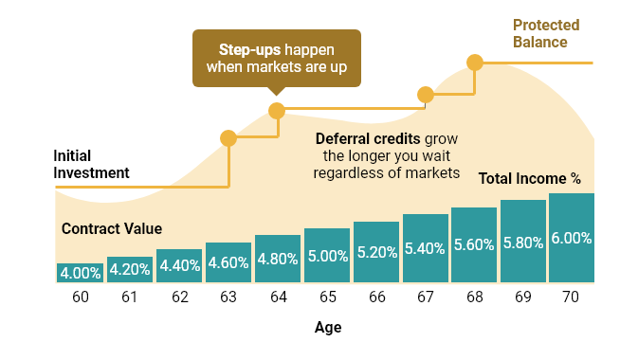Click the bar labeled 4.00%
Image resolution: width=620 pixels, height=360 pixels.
[x=80, y=273]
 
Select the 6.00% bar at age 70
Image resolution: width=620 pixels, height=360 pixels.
[x=571, y=238]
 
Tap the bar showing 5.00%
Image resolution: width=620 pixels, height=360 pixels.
[x=327, y=255]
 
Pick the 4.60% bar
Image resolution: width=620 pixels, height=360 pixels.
[x=228, y=263]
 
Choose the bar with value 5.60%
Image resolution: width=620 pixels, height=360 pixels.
[x=474, y=244]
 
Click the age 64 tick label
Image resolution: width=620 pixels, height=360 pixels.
[x=278, y=297]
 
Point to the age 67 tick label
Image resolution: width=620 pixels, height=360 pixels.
[x=426, y=297]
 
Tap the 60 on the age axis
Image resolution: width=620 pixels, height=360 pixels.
[x=80, y=297]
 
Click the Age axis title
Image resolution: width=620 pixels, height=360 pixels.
[x=327, y=328]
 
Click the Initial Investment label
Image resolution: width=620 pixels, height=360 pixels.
[x=90, y=164]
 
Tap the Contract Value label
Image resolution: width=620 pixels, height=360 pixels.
[x=112, y=228]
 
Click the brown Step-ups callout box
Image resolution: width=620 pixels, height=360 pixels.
[x=277, y=57]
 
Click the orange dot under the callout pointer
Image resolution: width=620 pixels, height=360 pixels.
[x=277, y=111]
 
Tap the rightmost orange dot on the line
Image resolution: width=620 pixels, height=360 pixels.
[x=475, y=63]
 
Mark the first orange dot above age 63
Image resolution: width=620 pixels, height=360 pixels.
[x=228, y=138]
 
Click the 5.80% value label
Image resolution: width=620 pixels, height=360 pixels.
[x=523, y=242]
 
